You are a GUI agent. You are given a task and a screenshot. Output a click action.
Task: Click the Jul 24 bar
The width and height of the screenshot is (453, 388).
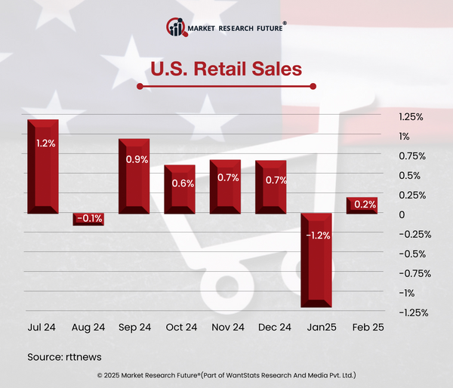point(43,166)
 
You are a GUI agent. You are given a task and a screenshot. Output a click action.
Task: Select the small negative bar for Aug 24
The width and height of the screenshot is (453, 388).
point(88,219)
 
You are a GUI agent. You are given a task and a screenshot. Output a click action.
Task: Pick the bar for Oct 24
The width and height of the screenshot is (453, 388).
point(180,189)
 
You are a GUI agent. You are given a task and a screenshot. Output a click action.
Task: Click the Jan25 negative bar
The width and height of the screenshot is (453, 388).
point(316,260)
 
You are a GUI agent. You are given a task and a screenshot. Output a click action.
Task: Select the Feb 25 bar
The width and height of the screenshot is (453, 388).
point(362,205)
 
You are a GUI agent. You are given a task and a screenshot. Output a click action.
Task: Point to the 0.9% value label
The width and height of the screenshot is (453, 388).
point(137,160)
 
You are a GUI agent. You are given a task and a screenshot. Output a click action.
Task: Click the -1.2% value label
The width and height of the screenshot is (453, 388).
point(319,236)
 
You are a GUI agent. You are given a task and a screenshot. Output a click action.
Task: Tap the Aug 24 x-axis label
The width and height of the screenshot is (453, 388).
point(88,328)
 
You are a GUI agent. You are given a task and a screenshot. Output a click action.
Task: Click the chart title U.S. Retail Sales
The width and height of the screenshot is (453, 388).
point(226,69)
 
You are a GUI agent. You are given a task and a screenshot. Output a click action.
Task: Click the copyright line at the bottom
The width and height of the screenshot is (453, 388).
point(226,375)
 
